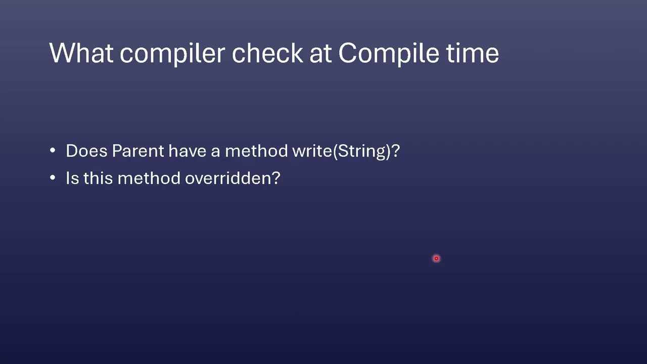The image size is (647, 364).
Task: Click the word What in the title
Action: click(x=81, y=53)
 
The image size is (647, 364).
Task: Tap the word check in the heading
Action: click(x=267, y=53)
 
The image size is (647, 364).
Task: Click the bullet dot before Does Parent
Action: click(x=53, y=151)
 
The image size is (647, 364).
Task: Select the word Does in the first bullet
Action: click(x=86, y=151)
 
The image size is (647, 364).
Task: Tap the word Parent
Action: click(x=138, y=151)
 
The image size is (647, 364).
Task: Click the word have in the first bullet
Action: click(x=188, y=151)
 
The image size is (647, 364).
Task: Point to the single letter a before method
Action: click(x=215, y=152)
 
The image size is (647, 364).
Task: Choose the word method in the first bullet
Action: click(x=256, y=151)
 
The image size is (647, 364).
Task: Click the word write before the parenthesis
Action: click(x=312, y=151)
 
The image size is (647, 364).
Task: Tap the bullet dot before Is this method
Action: click(x=53, y=177)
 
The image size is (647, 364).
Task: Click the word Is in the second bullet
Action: click(x=72, y=178)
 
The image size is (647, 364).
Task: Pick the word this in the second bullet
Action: click(x=98, y=177)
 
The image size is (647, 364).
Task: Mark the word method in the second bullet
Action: click(x=149, y=177)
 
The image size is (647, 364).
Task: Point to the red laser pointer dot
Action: click(x=436, y=258)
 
